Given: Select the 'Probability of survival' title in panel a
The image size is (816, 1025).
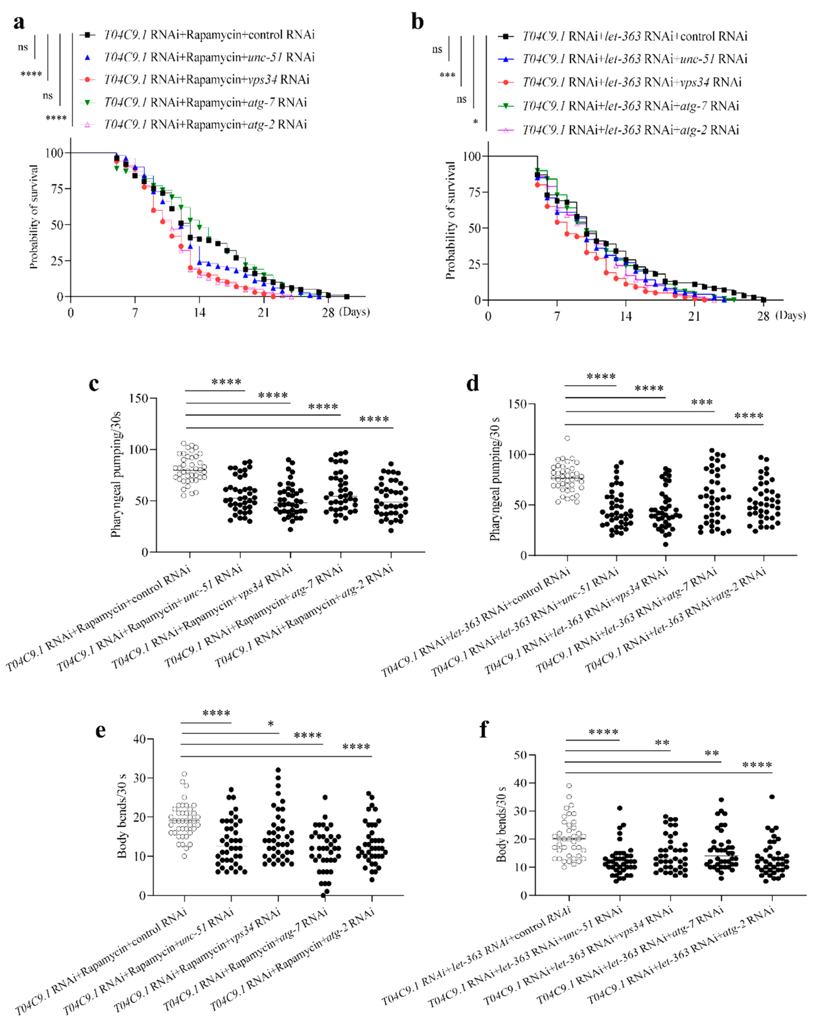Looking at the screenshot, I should [33, 217].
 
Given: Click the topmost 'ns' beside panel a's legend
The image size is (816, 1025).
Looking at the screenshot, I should [23, 47].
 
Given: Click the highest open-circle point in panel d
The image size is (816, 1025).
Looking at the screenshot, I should [567, 438].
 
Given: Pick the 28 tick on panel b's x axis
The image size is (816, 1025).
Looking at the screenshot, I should [763, 316].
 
